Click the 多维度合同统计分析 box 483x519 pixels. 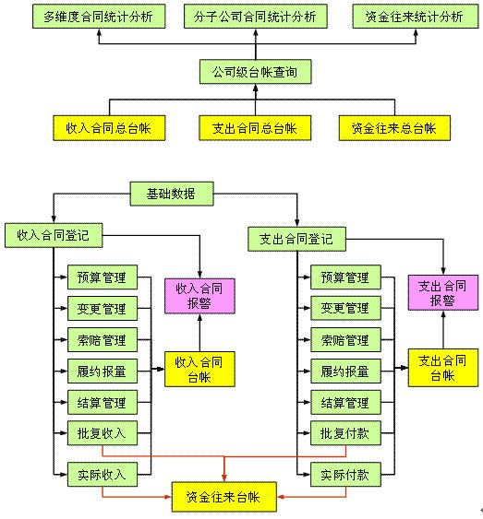coord(99,17)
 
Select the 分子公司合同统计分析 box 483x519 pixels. coord(256,17)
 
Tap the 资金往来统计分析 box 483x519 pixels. coord(416,17)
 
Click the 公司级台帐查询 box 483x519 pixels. coord(256,72)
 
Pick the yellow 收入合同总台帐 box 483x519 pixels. coord(109,128)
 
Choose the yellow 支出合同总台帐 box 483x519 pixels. coord(255,128)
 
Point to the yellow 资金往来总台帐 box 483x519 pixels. coord(394,128)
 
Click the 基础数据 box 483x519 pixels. coord(172,194)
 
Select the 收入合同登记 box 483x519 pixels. coord(54,235)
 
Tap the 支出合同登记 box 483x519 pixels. coord(297,239)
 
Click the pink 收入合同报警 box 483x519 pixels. coord(199,296)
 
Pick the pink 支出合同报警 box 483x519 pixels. coord(443,292)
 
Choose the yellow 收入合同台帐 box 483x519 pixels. coord(199,369)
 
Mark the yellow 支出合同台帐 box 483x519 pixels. coord(443,368)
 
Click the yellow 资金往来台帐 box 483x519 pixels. coord(224,497)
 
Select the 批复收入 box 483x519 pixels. coord(103,433)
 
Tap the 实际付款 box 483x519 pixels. coord(345,475)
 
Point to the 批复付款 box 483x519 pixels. coord(345,433)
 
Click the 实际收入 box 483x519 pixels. coord(103,475)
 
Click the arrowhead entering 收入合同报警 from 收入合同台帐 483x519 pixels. coord(199,317)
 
